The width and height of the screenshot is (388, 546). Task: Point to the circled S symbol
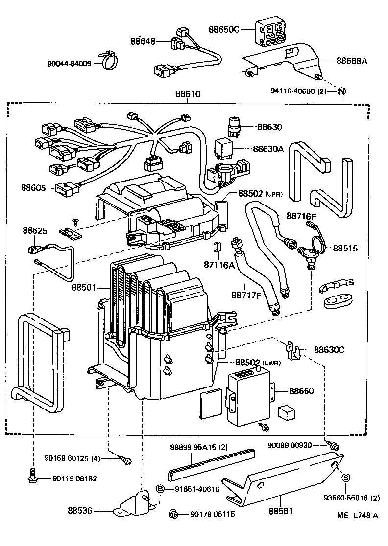tap(345, 478)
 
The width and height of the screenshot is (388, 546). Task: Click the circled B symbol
tap(160, 489)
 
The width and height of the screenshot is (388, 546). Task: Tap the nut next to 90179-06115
tap(172, 514)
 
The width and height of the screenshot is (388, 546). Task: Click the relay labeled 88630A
tap(226, 147)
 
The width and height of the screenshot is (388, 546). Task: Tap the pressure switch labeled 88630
tap(236, 128)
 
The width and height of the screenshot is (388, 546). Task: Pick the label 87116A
tap(218, 265)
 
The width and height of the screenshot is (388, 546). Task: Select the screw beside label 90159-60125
tap(126, 459)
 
